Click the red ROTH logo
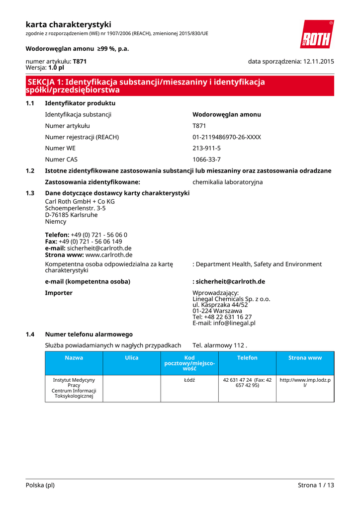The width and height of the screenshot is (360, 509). [x=317, y=35]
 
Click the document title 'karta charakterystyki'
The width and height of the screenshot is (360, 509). [x=68, y=24]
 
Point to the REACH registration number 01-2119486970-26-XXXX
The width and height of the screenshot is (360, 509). [x=226, y=137]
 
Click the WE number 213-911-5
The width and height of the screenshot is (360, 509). [x=206, y=148]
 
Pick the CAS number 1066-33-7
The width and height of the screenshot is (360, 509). [x=206, y=160]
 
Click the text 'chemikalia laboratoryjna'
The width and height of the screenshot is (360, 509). [x=227, y=182]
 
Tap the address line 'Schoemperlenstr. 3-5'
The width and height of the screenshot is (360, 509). [x=75, y=208]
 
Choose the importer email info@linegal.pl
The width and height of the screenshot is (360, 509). [x=224, y=323]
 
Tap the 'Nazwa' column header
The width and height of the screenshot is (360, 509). [x=74, y=358]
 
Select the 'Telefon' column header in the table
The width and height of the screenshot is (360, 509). [x=247, y=358]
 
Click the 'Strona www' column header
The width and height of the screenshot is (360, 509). [x=305, y=358]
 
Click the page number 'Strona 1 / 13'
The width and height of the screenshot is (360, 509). [x=316, y=485]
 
